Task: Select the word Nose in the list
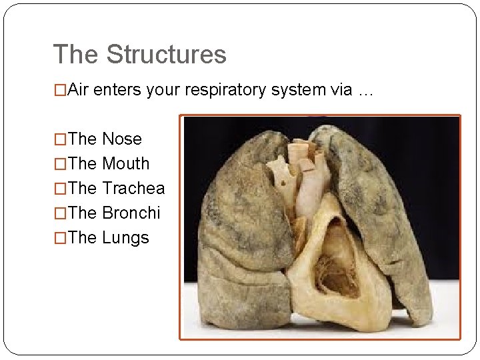point(122,139)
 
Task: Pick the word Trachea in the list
point(133,189)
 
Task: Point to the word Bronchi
point(131,213)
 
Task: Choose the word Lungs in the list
point(125,238)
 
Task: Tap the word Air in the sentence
point(79,91)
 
